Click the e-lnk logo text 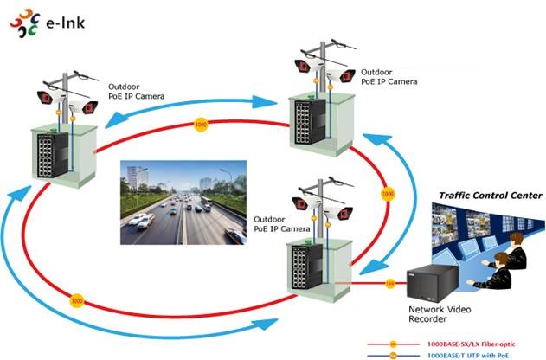coord(66,22)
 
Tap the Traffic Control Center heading coord(491,196)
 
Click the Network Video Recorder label coord(440,314)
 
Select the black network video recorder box coord(432,283)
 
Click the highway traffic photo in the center coord(183,202)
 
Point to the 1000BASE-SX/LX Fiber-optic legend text coord(471,344)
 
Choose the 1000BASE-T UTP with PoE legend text coord(467,355)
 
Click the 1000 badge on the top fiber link coord(201,125)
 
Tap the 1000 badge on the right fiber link coord(388,194)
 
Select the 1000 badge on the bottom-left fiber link coord(77,301)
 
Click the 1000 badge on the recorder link coord(390,283)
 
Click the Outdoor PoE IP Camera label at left coord(136,91)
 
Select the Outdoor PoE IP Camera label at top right coord(389,77)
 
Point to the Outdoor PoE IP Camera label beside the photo coord(282,224)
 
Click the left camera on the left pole coord(50,97)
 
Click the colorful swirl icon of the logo coord(25,23)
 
